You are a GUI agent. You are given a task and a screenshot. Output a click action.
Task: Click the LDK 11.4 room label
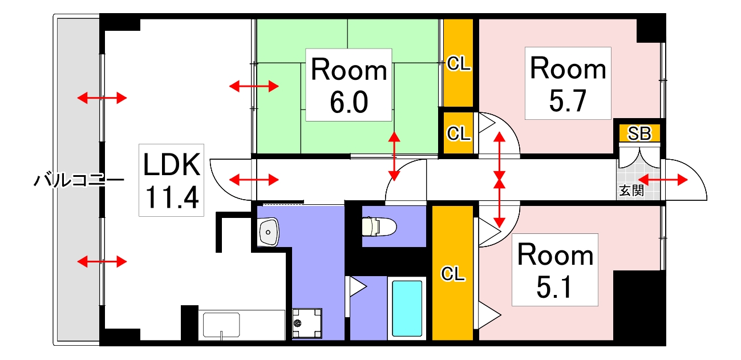pos(171,180)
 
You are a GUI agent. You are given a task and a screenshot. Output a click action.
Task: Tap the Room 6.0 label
pos(349,85)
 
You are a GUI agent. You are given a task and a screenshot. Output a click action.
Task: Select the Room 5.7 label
pos(568,83)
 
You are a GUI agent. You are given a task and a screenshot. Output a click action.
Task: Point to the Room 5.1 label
pos(555,270)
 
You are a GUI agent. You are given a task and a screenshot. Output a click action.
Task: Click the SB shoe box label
pos(639,134)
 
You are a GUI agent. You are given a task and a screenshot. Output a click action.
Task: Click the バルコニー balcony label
pos(79,180)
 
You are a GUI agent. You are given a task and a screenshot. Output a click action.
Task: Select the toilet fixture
pos(379,226)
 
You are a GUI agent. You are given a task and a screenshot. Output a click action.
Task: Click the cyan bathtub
pos(407,309)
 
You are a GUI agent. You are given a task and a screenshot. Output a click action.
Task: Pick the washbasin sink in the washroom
pos(268,232)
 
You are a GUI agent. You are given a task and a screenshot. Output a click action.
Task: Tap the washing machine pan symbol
pos(307,323)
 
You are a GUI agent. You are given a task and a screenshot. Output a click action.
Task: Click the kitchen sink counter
pos(242,325)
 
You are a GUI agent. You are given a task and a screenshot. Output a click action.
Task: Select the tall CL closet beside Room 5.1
pos(452,273)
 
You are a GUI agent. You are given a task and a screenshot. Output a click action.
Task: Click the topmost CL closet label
pos(459,63)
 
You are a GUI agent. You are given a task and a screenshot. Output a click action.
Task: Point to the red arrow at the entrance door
pos(663,180)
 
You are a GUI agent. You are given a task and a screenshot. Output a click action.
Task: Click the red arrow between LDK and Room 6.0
pos(254,86)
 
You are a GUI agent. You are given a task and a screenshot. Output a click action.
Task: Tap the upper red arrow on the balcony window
pos(102,98)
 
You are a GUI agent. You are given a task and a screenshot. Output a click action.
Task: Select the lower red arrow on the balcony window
pos(102,262)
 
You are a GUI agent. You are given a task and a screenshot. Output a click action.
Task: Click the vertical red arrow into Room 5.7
pos(499,156)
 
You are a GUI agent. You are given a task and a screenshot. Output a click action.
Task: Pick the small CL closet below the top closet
pos(458,133)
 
